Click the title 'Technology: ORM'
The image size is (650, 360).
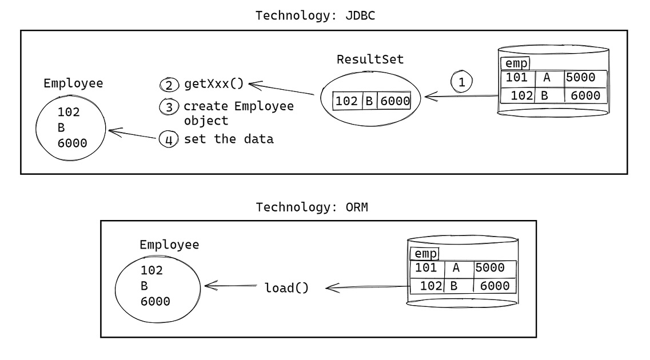pyautogui.click(x=312, y=207)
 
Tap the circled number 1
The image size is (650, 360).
pyautogui.click(x=462, y=82)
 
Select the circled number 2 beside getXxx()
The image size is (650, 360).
pyautogui.click(x=169, y=86)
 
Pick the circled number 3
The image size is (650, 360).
pyautogui.click(x=169, y=107)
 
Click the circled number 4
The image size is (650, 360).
pyautogui.click(x=169, y=139)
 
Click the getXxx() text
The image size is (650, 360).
pyautogui.click(x=213, y=85)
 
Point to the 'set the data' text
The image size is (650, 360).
pyautogui.click(x=228, y=139)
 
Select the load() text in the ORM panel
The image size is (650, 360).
pyautogui.click(x=286, y=288)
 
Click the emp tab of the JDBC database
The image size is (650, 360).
pyautogui.click(x=515, y=63)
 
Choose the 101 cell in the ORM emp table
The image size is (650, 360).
pyautogui.click(x=425, y=268)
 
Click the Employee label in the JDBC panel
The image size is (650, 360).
pyautogui.click(x=73, y=83)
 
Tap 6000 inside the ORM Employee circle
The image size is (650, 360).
pyautogui.click(x=155, y=301)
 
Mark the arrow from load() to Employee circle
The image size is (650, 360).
pyautogui.click(x=229, y=286)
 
